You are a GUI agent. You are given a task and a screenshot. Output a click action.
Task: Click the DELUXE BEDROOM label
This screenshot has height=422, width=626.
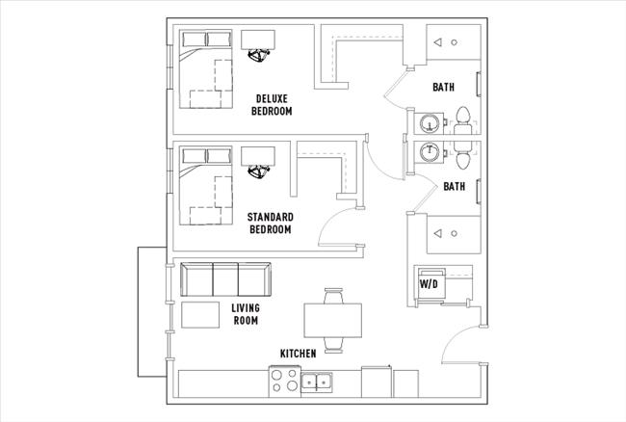click(272, 104)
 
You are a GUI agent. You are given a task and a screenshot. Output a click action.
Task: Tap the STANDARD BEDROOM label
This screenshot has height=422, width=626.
click(271, 224)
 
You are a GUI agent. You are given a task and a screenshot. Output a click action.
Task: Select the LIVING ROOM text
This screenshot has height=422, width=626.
click(246, 314)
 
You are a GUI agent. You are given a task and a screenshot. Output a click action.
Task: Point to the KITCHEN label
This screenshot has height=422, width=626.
click(298, 354)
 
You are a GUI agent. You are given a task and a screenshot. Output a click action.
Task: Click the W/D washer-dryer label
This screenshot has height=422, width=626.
click(428, 284)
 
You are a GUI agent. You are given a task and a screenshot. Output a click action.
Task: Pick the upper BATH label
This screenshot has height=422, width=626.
click(443, 87)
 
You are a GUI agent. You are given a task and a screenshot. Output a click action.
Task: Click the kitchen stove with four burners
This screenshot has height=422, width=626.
click(284, 382)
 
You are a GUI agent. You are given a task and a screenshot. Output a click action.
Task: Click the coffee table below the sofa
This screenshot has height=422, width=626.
click(201, 315)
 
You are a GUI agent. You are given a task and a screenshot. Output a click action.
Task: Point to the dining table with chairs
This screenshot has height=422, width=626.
click(333, 319)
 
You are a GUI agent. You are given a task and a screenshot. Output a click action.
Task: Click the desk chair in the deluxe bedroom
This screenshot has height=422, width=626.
click(258, 56)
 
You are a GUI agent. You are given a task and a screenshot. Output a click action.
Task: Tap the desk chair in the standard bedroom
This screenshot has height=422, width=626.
click(258, 171)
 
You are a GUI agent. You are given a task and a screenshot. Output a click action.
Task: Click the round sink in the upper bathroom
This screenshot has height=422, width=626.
click(430, 122)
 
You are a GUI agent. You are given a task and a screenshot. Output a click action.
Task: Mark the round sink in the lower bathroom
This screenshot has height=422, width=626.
click(430, 151)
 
